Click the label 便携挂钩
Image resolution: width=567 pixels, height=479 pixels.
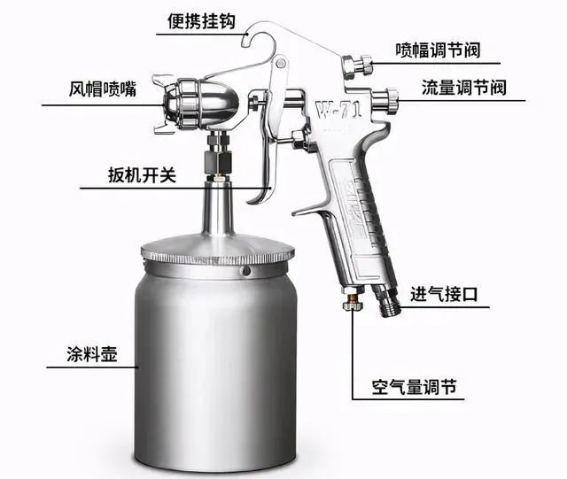coord(201,21)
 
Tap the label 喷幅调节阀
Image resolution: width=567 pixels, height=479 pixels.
coord(438,50)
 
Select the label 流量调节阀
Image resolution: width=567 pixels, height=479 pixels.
coord(464,88)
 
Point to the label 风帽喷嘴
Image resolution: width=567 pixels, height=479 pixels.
coord(103,89)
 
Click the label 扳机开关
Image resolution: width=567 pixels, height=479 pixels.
coord(142,174)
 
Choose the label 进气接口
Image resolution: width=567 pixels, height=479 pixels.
coord(444,294)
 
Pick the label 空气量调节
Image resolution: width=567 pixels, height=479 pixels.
coord(414,387)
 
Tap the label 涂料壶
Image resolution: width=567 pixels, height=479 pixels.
coord(92,354)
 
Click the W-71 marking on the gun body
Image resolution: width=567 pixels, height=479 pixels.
coord(338,110)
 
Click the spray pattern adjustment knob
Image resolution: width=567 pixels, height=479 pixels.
coord(356,66)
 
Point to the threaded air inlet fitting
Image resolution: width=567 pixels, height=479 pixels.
coord(388,301)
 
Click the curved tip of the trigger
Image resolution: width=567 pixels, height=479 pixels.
coord(254,199)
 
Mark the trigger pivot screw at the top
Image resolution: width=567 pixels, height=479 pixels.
coord(280,64)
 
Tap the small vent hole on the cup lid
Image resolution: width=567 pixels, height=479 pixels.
coord(246,270)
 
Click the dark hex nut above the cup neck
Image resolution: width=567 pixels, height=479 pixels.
coord(218,162)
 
